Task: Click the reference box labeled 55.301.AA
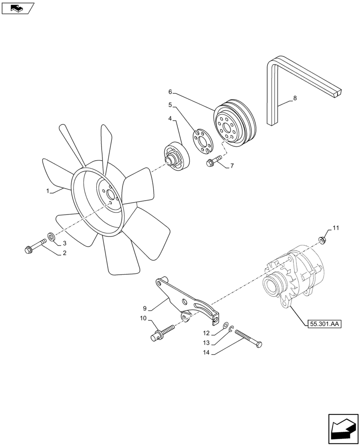tap(323, 324)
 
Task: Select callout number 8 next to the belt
tap(295, 98)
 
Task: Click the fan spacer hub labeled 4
tap(176, 156)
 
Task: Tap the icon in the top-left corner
tap(18, 8)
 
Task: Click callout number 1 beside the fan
tap(47, 190)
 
